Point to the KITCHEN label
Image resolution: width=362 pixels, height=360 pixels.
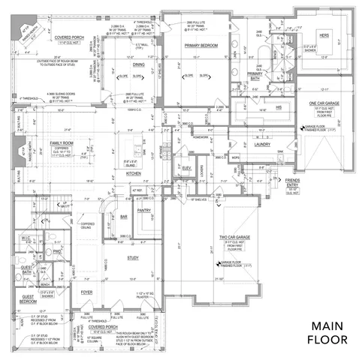134,173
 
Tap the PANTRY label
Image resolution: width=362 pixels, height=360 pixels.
145,211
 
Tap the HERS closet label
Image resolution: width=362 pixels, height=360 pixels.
324,35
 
